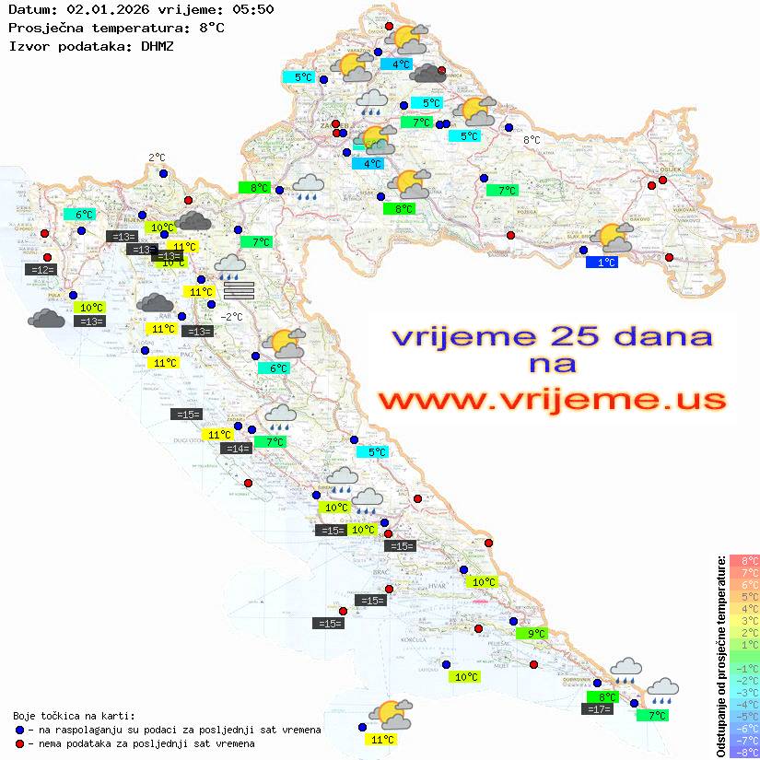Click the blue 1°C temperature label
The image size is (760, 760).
(x=602, y=263)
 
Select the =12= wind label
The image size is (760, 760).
(x=42, y=270)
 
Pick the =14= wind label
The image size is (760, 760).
(x=237, y=449)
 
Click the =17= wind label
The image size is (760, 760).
(x=598, y=709)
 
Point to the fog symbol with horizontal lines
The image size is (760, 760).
(x=238, y=290)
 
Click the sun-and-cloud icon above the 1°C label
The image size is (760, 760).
(x=613, y=238)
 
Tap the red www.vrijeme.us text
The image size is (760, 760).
(x=552, y=401)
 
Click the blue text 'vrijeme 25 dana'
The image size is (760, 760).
(x=552, y=336)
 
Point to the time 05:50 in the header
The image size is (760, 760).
(x=252, y=9)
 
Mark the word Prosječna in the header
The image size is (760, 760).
(x=44, y=28)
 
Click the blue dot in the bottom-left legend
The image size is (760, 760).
(x=20, y=730)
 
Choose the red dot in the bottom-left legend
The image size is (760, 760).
(x=20, y=743)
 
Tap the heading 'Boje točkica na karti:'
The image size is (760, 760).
(x=74, y=716)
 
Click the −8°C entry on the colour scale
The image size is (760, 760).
(x=743, y=752)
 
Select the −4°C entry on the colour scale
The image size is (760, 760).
(x=743, y=704)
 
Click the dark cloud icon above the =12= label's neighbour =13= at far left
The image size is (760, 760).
(x=46, y=319)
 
